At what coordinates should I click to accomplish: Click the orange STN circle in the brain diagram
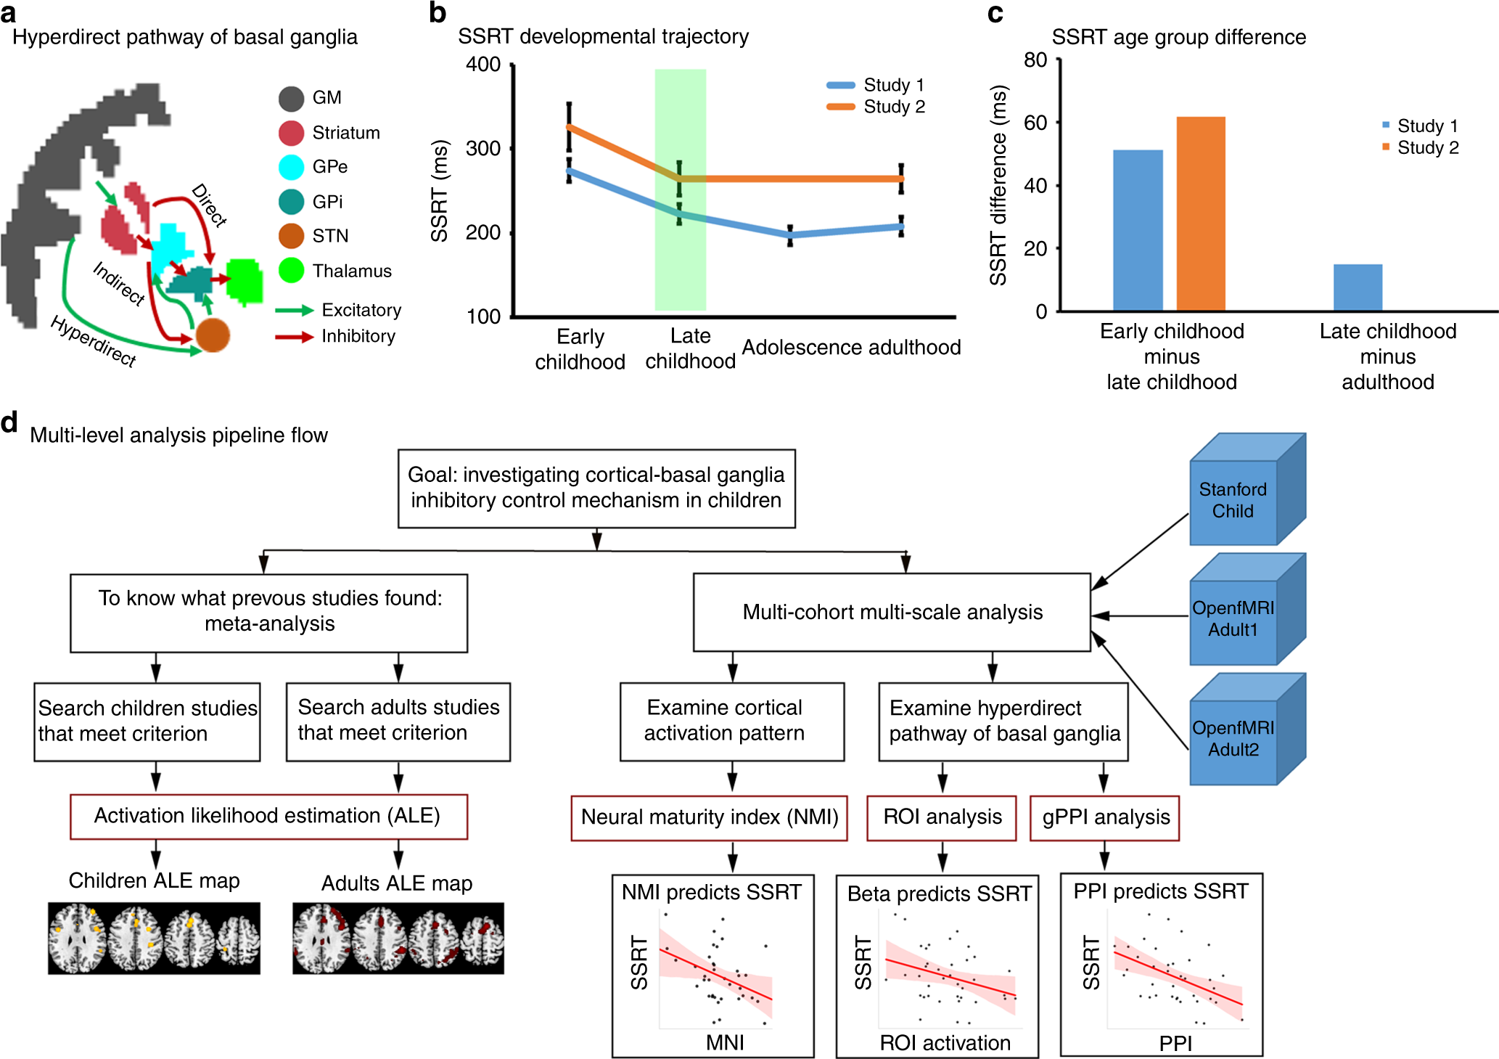(x=213, y=335)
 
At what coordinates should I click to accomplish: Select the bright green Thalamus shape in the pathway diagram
(x=245, y=280)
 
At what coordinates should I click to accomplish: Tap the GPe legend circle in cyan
(x=291, y=167)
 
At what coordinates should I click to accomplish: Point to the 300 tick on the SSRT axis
(x=483, y=149)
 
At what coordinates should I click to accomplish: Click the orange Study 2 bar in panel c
(x=1201, y=214)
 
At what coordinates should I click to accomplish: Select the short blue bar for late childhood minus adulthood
(x=1358, y=287)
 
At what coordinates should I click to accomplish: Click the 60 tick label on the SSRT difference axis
(x=1035, y=123)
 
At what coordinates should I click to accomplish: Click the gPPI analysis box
(x=1105, y=818)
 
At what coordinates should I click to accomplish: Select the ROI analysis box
(x=942, y=818)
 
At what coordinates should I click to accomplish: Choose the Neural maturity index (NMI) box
(x=709, y=818)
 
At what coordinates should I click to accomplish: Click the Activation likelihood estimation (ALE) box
(x=268, y=817)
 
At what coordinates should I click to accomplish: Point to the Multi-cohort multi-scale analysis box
(x=892, y=613)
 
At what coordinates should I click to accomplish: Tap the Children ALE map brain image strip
(x=154, y=938)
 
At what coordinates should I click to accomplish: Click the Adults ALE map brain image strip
(x=398, y=938)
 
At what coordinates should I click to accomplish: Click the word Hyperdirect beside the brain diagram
(x=93, y=342)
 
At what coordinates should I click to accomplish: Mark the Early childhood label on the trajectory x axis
(x=580, y=349)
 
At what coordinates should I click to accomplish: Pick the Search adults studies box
(x=398, y=721)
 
